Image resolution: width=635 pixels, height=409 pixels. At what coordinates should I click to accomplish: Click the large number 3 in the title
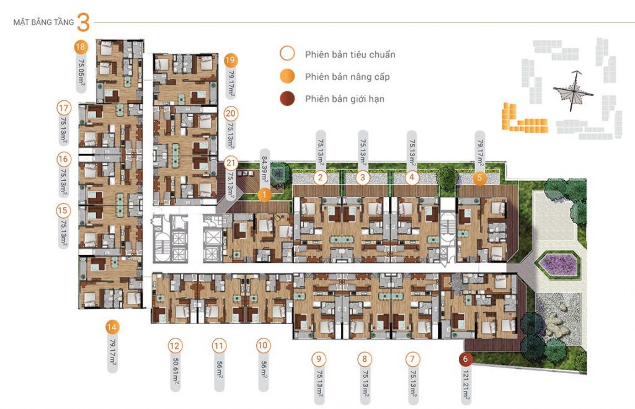83,22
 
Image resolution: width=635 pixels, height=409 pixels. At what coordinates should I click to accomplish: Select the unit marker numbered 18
81,47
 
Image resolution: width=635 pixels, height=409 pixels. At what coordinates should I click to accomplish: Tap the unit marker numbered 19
230,61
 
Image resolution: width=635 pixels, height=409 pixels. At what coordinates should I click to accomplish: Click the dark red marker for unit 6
465,358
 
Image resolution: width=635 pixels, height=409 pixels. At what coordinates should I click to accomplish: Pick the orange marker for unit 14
112,327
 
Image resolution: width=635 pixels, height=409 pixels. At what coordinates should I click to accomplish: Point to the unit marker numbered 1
264,195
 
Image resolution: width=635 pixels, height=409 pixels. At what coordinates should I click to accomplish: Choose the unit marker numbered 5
480,178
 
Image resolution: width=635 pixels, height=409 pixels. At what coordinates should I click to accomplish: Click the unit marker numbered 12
174,346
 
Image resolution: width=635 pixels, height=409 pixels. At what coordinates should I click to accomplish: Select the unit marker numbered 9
319,359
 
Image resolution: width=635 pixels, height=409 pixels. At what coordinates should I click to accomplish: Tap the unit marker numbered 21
231,163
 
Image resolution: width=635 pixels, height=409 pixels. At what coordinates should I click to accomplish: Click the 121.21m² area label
466,386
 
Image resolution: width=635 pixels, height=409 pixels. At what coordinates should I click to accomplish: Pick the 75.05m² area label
81,73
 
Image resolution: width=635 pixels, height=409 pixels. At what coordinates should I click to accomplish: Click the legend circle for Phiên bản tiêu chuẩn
287,53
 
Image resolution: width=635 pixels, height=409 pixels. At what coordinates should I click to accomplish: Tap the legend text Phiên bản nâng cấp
347,77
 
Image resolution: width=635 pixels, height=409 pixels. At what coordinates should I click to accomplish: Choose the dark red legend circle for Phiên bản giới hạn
287,99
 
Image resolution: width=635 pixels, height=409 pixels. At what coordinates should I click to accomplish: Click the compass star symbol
574,91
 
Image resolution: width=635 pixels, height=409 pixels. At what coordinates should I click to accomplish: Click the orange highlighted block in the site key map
522,120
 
